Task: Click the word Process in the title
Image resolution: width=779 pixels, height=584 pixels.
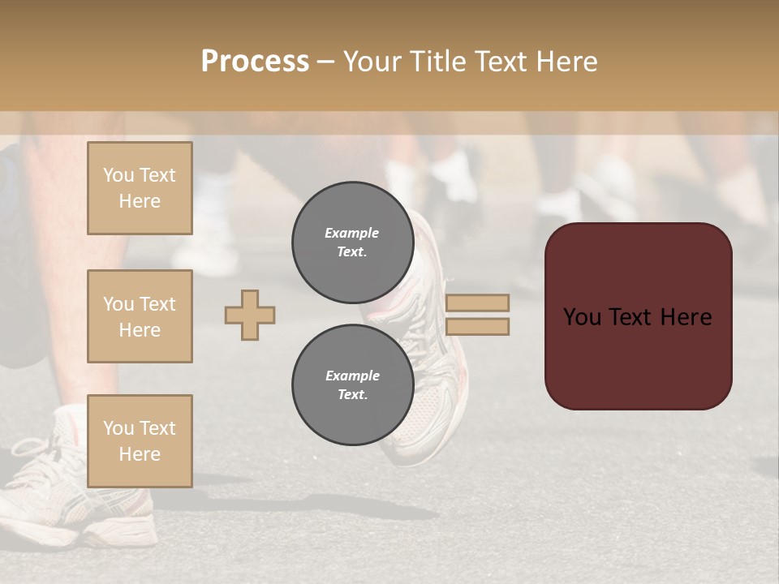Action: (255, 62)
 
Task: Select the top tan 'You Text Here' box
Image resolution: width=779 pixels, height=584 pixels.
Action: (140, 188)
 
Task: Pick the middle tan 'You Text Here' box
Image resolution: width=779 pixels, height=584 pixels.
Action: (140, 316)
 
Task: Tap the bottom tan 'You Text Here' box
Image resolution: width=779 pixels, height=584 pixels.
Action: (140, 441)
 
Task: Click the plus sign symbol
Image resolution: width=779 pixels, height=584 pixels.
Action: (250, 315)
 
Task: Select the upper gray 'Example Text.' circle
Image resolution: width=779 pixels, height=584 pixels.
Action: (352, 242)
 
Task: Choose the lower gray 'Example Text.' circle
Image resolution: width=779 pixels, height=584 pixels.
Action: (352, 384)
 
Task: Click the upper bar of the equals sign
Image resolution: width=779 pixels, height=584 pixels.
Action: (477, 303)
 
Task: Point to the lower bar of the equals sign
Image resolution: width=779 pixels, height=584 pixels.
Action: (477, 327)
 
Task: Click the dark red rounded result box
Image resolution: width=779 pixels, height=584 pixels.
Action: (638, 316)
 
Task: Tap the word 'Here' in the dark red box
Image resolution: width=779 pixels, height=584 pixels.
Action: (686, 317)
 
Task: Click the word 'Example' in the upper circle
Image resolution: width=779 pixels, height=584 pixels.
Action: (352, 233)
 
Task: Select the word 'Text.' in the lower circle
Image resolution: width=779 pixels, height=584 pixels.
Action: (352, 394)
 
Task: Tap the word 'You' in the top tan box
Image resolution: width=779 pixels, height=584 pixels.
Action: (118, 175)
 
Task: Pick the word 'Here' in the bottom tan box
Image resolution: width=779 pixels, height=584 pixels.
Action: (140, 454)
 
